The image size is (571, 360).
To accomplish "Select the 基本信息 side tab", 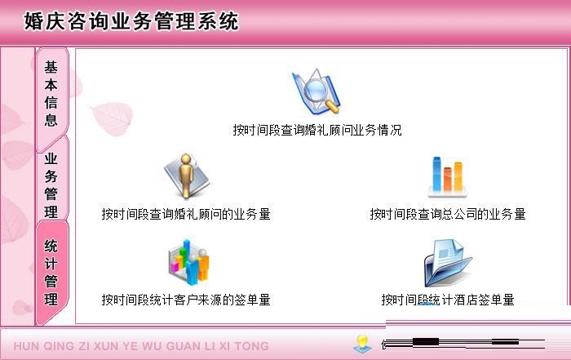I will coord(51,93).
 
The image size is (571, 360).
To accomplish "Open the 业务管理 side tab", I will coord(51,184).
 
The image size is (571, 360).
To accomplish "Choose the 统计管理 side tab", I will coord(51,272).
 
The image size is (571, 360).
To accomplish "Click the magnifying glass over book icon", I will coord(316,92).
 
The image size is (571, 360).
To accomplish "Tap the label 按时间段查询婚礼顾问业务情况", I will coord(316,130).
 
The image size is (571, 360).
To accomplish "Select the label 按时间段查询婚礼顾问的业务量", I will coord(186,214).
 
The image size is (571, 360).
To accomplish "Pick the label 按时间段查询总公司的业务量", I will coord(447,214).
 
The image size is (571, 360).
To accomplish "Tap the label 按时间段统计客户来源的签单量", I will coord(186,300).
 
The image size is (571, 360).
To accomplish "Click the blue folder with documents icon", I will coord(447,263).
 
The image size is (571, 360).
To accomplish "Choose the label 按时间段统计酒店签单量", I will coord(447,300).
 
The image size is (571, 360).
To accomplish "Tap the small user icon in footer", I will coord(362,344).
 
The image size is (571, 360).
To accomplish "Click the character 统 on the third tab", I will coord(51,245).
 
